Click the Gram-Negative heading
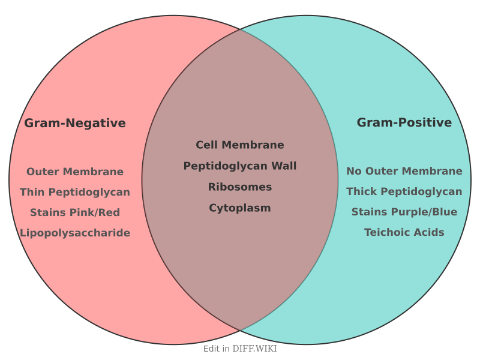click(75, 123)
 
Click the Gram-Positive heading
click(404, 122)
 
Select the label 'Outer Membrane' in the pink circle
click(75, 172)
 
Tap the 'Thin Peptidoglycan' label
click(75, 192)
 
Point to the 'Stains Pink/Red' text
click(75, 212)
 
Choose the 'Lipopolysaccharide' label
click(75, 233)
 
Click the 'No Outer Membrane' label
click(404, 171)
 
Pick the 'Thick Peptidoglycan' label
click(404, 191)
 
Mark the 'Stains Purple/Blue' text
click(404, 212)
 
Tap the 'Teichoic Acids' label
click(404, 232)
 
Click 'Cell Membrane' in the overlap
click(240, 145)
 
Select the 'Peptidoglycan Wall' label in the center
click(240, 166)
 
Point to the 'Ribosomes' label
click(240, 187)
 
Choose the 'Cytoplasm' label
click(240, 208)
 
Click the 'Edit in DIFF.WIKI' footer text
click(240, 349)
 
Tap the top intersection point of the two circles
click(240, 29)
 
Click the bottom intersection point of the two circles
click(240, 331)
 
